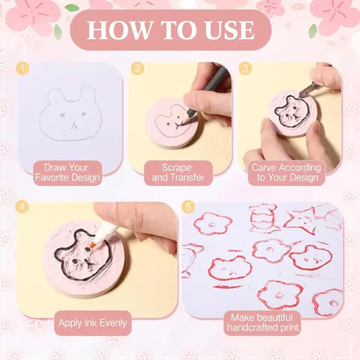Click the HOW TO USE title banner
171,29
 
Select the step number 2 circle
137,68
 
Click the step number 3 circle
244,68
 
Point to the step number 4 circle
23,207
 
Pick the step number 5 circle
190,207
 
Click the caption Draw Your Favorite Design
67,172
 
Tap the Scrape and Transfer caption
178,172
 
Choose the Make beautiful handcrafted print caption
262,322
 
